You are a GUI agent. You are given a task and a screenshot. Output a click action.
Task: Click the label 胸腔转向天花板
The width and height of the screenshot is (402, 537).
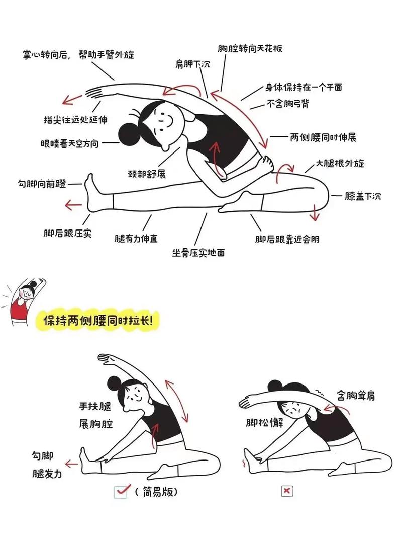tap(250, 49)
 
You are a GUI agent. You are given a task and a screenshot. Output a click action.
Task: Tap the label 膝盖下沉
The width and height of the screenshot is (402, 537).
tap(362, 196)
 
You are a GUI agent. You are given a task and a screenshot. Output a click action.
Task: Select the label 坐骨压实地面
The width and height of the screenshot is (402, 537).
tap(198, 252)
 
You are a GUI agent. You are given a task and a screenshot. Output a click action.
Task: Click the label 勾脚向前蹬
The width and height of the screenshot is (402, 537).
tap(42, 184)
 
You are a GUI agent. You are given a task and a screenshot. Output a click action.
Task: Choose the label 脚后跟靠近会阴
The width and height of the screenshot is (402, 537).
tap(287, 239)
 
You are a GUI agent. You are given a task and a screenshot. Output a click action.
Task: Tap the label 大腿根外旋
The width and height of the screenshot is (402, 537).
tap(339, 163)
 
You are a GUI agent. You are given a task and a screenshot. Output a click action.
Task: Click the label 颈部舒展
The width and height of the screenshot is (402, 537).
tap(147, 174)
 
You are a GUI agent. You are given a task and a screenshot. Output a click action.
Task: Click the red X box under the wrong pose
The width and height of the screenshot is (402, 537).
tap(287, 491)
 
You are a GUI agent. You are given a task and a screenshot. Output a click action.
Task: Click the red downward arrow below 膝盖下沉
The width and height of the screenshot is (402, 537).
tap(315, 213)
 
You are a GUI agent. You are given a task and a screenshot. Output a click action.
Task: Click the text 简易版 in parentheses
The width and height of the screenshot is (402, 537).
tap(160, 491)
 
